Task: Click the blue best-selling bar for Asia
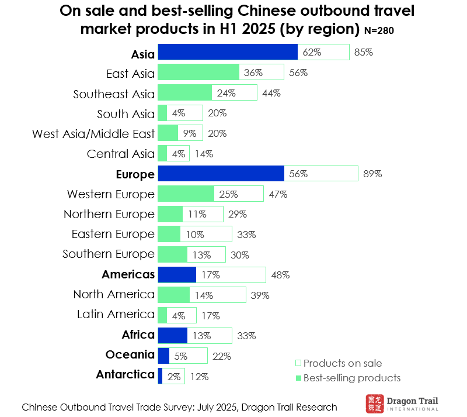point(228,53)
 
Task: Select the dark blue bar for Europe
point(221,174)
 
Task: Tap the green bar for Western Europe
point(186,194)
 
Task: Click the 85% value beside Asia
point(363,53)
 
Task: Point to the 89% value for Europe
point(372,174)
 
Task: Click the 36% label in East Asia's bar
point(254,73)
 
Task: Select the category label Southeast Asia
point(114,94)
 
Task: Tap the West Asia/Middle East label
point(93,134)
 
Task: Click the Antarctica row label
point(125,375)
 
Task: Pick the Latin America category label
point(116,315)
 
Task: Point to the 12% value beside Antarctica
point(199,377)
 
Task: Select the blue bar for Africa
point(172,335)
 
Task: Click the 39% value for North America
point(260,295)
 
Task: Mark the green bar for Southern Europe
point(172,254)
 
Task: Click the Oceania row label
point(130,355)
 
